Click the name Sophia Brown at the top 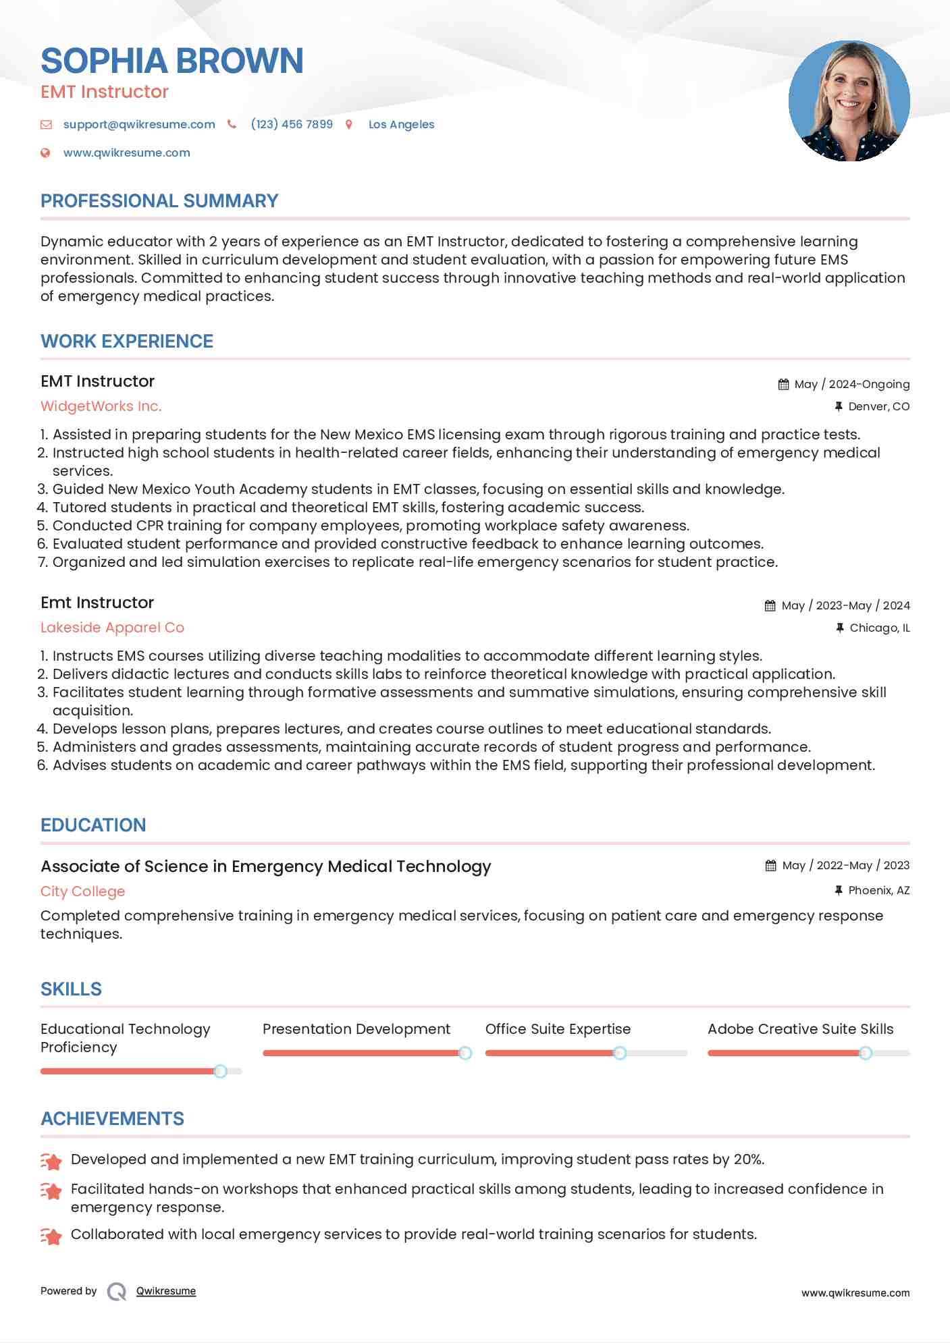172,61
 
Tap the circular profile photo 849,101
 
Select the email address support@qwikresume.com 139,124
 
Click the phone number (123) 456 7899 292,124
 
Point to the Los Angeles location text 401,124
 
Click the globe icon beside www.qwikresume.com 46,153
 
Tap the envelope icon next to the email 46,124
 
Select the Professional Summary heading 159,201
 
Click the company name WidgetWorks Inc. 101,406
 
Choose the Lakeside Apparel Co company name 112,628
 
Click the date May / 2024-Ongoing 851,384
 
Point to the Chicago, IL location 879,628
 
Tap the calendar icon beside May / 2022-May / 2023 770,865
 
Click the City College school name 82,892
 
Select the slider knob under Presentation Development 465,1053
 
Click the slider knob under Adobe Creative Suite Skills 865,1053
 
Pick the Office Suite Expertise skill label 558,1029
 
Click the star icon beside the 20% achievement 51,1161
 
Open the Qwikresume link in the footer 166,1291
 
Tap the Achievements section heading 112,1119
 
